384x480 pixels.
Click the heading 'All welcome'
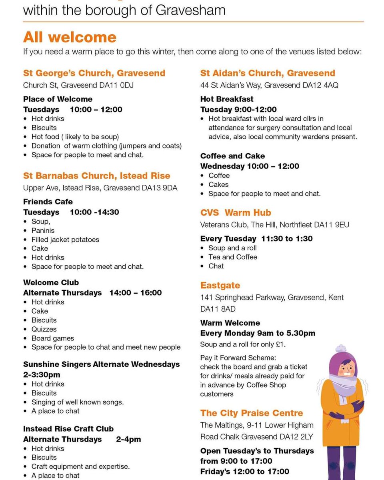[x=70, y=37]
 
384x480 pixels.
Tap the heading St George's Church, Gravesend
[x=94, y=73]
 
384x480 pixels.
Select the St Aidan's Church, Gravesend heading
[x=268, y=73]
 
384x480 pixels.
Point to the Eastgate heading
[x=220, y=285]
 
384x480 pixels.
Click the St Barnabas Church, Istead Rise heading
[x=96, y=176]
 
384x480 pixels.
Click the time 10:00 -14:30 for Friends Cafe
[x=94, y=212]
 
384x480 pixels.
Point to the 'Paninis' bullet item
[x=43, y=230]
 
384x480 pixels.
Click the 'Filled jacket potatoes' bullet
[x=65, y=239]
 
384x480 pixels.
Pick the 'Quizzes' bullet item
[x=44, y=329]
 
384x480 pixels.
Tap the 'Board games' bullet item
[x=52, y=338]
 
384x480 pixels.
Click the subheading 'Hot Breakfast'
[x=227, y=99]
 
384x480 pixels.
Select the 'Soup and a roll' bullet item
[x=232, y=248]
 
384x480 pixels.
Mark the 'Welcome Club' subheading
[x=51, y=282]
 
